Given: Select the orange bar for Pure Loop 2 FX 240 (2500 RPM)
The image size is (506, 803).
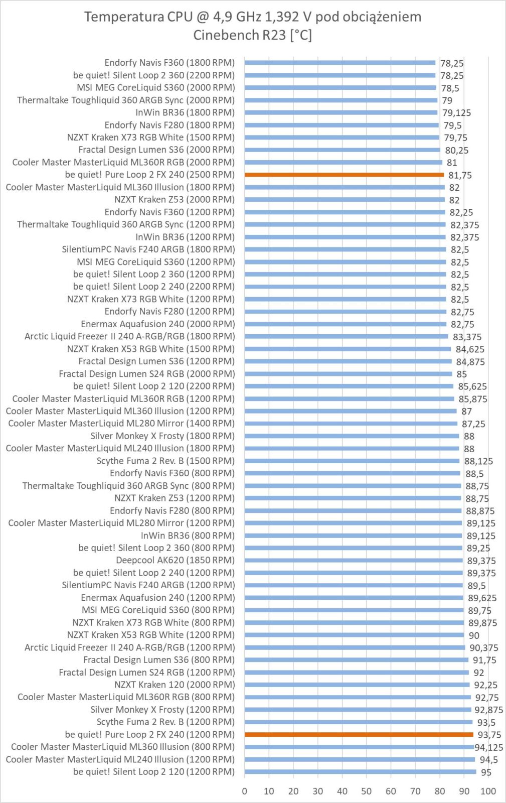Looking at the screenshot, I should [344, 175].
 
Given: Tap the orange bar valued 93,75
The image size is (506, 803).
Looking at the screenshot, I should [359, 735].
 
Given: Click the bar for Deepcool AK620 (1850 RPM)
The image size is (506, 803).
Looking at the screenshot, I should [354, 561].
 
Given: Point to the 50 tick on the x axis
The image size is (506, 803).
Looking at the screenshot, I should [367, 791].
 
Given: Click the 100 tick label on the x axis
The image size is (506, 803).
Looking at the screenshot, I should [488, 791].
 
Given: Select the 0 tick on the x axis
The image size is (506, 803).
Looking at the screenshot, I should [245, 791].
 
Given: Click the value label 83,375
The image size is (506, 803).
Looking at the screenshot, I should [467, 337].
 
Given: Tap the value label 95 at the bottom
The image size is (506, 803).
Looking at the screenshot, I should [486, 772].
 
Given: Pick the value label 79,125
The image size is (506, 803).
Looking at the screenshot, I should [456, 113].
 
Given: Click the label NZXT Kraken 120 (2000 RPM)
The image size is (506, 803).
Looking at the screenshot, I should [174, 685].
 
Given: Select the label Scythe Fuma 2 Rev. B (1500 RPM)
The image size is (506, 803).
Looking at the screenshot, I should [165, 461].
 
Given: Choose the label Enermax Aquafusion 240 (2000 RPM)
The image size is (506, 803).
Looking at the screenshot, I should [157, 324].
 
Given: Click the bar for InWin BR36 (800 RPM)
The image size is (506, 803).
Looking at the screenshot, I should [353, 536].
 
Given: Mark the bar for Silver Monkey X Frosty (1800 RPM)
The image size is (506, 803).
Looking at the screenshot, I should [352, 436].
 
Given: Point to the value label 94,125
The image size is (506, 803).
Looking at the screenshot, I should [489, 747].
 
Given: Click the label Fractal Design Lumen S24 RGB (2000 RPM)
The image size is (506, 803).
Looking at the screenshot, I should [146, 374].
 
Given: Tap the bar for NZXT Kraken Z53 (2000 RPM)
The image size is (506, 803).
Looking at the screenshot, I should [345, 200].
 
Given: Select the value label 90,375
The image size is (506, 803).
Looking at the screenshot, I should [483, 648].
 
